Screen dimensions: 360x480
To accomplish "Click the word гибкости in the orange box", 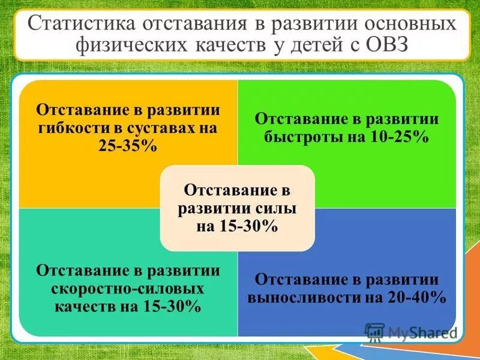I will [67, 128].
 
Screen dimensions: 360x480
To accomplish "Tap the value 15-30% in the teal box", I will [172, 306].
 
